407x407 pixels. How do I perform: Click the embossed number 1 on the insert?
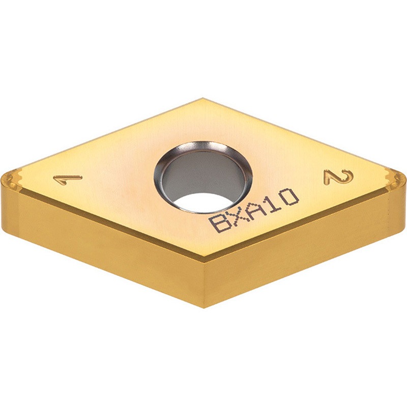pyautogui.click(x=68, y=179)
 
